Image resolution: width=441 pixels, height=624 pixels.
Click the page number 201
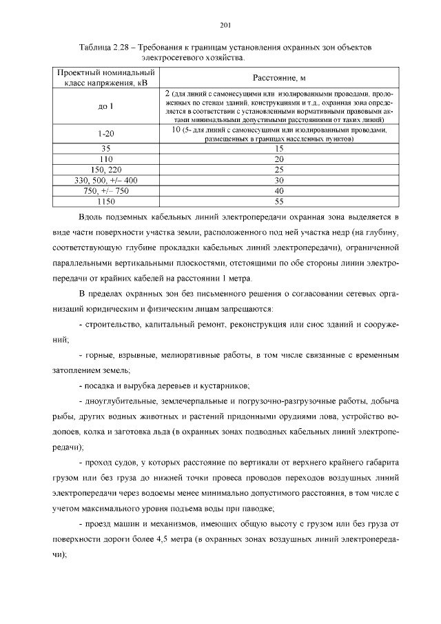(x=224, y=26)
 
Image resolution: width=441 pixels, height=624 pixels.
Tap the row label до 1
(x=105, y=106)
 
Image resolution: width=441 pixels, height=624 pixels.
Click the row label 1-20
(x=105, y=133)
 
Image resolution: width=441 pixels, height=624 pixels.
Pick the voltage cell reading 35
(x=105, y=148)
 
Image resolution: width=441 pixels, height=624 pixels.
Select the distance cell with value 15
(x=279, y=148)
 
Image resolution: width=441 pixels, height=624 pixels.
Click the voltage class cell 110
(x=105, y=159)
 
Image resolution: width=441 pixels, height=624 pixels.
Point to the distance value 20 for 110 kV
(x=279, y=159)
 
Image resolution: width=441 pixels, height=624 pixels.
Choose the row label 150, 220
(x=105, y=170)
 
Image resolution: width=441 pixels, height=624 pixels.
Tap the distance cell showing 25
(x=279, y=170)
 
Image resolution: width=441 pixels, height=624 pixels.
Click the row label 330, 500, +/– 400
(x=105, y=180)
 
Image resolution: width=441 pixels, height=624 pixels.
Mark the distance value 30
(x=279, y=180)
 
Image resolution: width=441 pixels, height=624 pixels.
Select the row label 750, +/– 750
(x=105, y=191)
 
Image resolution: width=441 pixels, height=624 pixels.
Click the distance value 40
(x=279, y=191)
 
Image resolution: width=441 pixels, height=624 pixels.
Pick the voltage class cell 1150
(x=105, y=201)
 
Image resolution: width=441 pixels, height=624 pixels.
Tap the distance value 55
(x=279, y=201)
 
